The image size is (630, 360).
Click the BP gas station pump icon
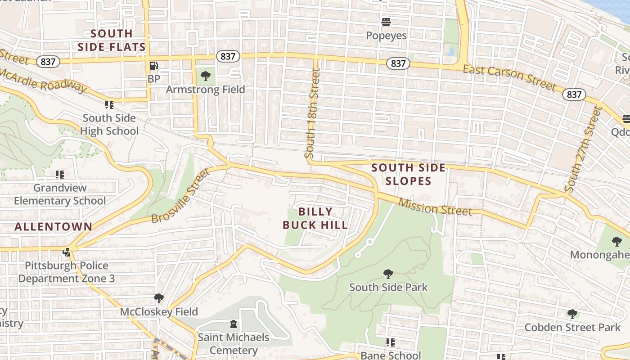[x=153, y=66]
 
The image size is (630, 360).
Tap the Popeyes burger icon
[x=386, y=22]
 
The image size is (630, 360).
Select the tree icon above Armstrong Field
[x=206, y=76]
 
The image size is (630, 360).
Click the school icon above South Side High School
[x=109, y=105]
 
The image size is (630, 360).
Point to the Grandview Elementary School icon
[x=59, y=174]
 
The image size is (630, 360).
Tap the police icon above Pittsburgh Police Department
[x=67, y=252]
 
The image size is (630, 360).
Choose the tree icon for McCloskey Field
[x=158, y=298]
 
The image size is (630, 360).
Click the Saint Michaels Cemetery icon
[x=233, y=324]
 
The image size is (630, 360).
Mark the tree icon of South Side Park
[x=388, y=274]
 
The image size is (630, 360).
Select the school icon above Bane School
[x=390, y=342]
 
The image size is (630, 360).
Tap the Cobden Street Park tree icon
[x=572, y=314]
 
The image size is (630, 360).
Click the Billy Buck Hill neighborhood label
[x=315, y=218]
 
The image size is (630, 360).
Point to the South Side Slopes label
[x=408, y=175]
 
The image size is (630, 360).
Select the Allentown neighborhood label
[x=53, y=227]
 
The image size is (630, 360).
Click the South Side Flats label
[x=112, y=40]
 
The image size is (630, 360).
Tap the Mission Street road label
[x=435, y=208]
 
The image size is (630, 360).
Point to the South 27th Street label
[x=584, y=149]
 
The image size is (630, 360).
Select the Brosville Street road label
[x=181, y=196]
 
